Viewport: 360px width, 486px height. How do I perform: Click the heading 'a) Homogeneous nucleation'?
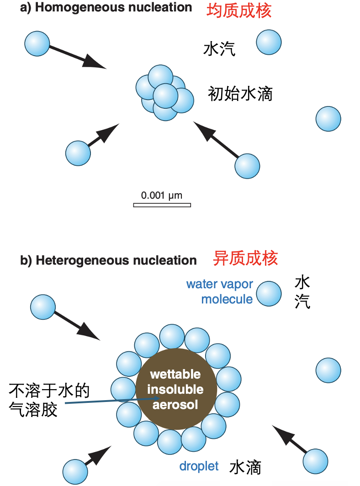click(x=106, y=8)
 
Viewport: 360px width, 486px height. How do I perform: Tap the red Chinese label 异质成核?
click(x=245, y=259)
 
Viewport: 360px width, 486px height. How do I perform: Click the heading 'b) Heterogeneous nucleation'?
click(x=109, y=260)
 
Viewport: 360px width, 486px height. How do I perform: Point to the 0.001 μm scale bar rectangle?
click(x=162, y=205)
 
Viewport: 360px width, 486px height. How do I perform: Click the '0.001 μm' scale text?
click(x=162, y=195)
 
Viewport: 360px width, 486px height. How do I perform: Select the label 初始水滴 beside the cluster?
click(x=240, y=94)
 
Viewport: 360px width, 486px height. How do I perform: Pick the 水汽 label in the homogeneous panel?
click(x=219, y=49)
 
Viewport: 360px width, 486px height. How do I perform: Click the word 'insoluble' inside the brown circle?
click(x=175, y=390)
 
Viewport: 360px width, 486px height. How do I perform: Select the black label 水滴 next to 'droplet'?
click(x=245, y=467)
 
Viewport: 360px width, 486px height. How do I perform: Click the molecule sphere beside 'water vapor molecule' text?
click(x=269, y=293)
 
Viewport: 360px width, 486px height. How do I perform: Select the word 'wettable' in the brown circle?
click(x=175, y=375)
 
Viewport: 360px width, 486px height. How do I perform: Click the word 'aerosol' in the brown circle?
click(x=175, y=405)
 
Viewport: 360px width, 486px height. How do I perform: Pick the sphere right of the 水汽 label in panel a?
click(x=269, y=42)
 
